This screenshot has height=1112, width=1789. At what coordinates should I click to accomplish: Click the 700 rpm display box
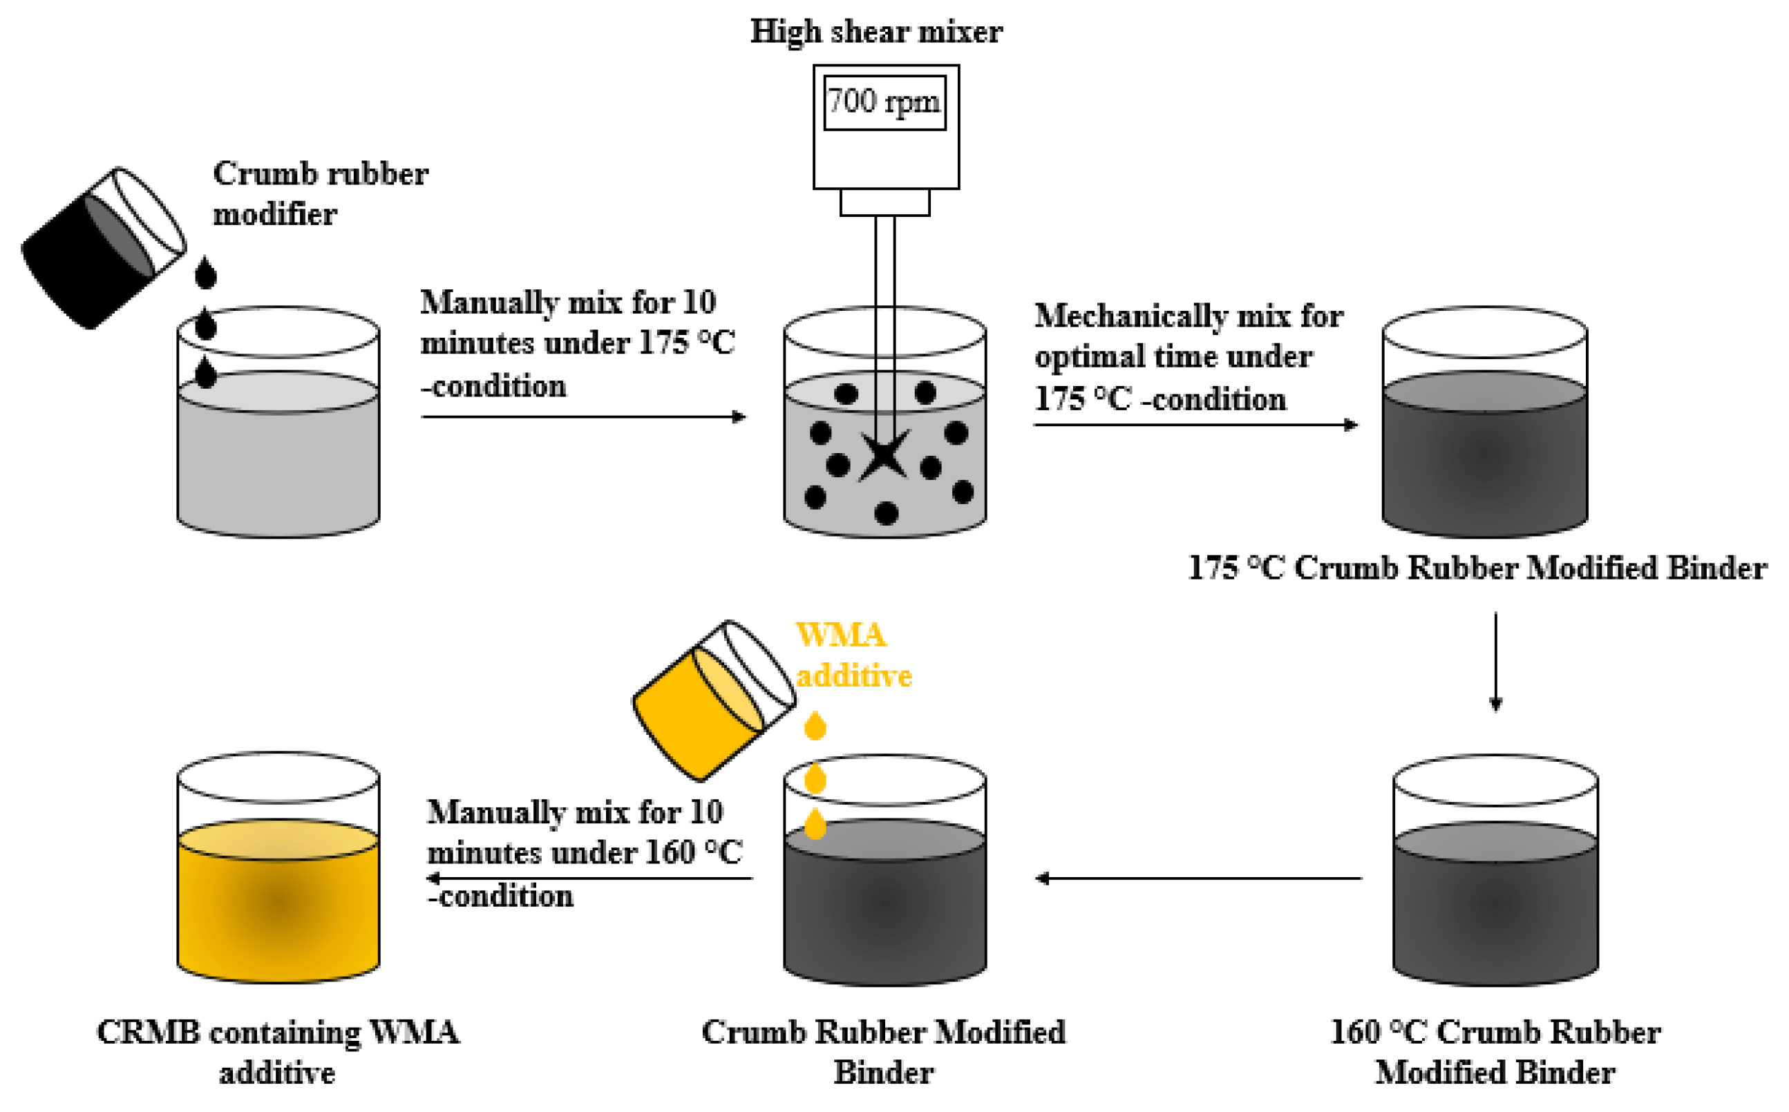[x=884, y=102]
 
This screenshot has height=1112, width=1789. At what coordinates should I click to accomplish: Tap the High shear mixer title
[x=875, y=32]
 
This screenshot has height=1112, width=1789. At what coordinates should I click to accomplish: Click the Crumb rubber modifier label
[x=320, y=194]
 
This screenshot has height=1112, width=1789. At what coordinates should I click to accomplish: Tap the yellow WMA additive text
[x=853, y=655]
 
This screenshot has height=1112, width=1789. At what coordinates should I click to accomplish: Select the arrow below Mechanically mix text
[x=1195, y=425]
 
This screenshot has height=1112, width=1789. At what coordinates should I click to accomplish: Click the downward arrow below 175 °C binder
[x=1495, y=662]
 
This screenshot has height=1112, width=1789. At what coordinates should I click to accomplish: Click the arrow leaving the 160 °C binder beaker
[x=1199, y=878]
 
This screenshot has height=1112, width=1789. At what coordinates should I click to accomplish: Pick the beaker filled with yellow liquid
[x=278, y=883]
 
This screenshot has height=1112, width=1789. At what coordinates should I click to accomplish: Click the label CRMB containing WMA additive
[x=278, y=1053]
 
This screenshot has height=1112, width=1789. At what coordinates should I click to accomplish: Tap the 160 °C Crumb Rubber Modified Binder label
[x=1495, y=1053]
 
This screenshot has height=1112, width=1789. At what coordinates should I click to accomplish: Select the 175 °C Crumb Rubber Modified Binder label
[x=1477, y=568]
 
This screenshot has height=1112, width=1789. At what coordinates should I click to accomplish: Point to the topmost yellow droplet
[x=815, y=726]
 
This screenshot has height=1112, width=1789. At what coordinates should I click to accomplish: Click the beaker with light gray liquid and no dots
[x=278, y=441]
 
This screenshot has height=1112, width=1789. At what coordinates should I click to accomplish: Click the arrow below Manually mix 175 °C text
[x=583, y=417]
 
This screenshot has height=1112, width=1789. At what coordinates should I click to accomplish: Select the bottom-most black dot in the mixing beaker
[x=887, y=513]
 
